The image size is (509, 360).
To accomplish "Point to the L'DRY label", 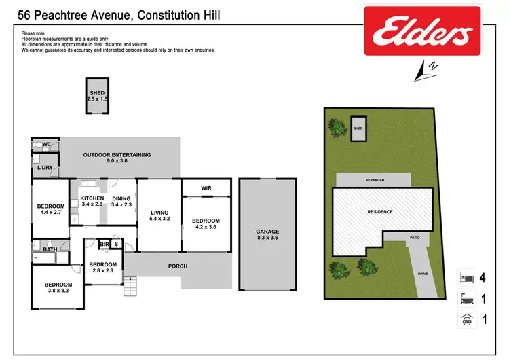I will coord(45,167).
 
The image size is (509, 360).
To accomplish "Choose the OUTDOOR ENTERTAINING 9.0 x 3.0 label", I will coord(117,158).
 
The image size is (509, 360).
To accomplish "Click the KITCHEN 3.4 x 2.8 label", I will coord(92,201).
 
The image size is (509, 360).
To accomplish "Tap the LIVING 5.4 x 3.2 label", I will coord(159,217).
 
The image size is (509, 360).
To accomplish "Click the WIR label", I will coord(206,187).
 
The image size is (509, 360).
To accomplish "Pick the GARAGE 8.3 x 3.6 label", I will coord(268,235).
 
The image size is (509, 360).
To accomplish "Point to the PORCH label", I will coord(177,266).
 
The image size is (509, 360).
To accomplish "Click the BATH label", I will coord(50,249).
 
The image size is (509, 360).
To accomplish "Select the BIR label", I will coord(105,243).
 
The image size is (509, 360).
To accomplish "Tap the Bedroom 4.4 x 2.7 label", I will coord(51,209).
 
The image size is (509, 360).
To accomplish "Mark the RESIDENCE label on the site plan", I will coord(380,211).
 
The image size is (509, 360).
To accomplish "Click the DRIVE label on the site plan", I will coord(423,274).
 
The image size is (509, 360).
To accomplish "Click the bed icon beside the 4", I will coord(466,277).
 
